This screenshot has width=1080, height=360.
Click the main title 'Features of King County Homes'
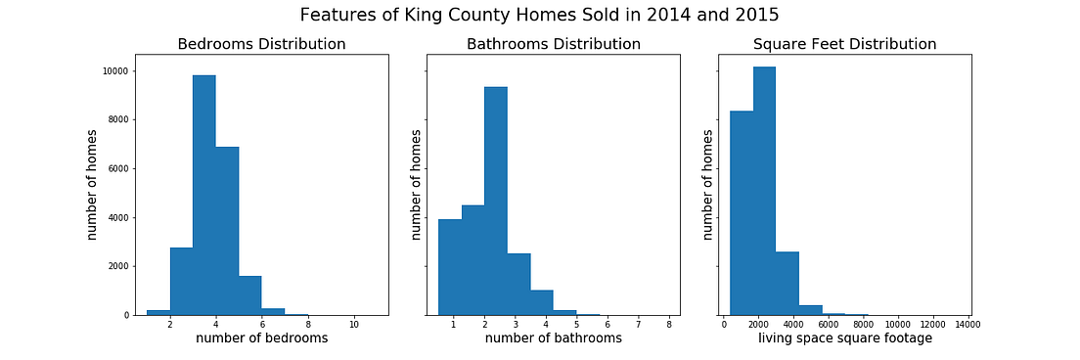pos(540,15)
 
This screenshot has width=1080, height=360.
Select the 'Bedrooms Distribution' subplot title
pos(261,44)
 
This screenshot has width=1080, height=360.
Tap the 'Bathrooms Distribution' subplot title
pos(554,44)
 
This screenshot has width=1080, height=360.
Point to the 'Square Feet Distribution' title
pos(844,44)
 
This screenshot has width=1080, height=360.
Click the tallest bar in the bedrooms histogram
pos(203,196)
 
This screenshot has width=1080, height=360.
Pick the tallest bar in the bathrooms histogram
pos(496,201)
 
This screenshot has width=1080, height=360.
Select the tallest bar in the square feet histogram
pos(764,191)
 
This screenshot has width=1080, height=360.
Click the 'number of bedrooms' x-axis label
pos(261,338)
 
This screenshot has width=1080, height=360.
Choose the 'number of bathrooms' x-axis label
pos(554,338)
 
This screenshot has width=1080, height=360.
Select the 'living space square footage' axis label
pos(844,338)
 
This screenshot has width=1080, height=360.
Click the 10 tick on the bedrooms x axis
pos(353,323)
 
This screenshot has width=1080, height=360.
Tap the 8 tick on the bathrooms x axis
pos(668,323)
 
